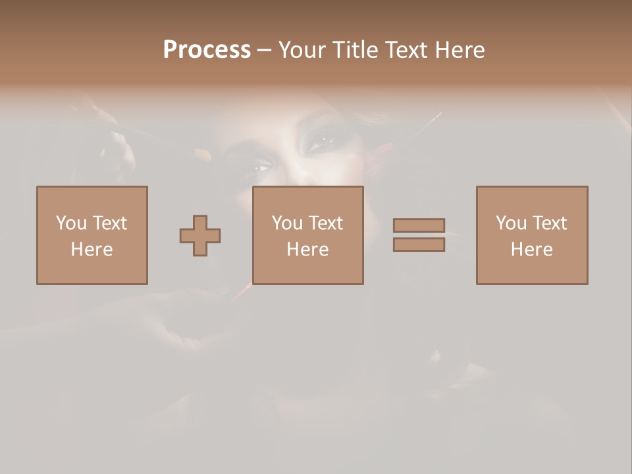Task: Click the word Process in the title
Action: [207, 50]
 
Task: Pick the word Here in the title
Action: [461, 50]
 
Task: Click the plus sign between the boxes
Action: [200, 236]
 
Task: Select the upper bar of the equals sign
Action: [419, 225]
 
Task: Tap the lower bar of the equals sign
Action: [419, 245]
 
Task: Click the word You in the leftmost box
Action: [71, 223]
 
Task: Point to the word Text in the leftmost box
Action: [109, 223]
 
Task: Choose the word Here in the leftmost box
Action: [92, 250]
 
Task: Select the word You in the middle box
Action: [287, 223]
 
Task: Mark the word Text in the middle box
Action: [325, 223]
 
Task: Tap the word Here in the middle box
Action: [307, 250]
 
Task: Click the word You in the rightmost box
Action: [511, 223]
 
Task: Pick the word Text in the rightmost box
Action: [549, 223]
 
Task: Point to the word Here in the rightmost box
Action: [531, 250]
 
